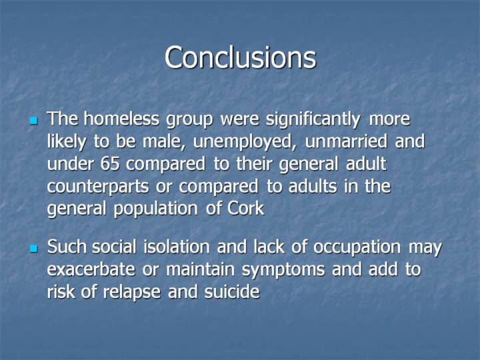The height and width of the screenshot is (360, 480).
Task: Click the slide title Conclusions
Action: (x=240, y=57)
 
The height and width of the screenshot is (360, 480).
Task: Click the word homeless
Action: (x=121, y=119)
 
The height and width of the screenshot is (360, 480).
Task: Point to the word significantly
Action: (x=313, y=120)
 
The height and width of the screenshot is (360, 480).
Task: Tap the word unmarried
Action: (x=346, y=141)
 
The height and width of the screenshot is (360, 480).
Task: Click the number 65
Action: (x=109, y=164)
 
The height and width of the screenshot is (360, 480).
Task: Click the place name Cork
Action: (x=246, y=209)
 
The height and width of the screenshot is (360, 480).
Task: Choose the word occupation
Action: (x=357, y=248)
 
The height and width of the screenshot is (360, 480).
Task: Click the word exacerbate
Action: (x=91, y=269)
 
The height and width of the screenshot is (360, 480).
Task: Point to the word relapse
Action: (x=131, y=293)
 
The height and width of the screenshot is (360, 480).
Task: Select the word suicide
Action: (x=232, y=291)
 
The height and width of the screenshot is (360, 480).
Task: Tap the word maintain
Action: (x=200, y=269)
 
